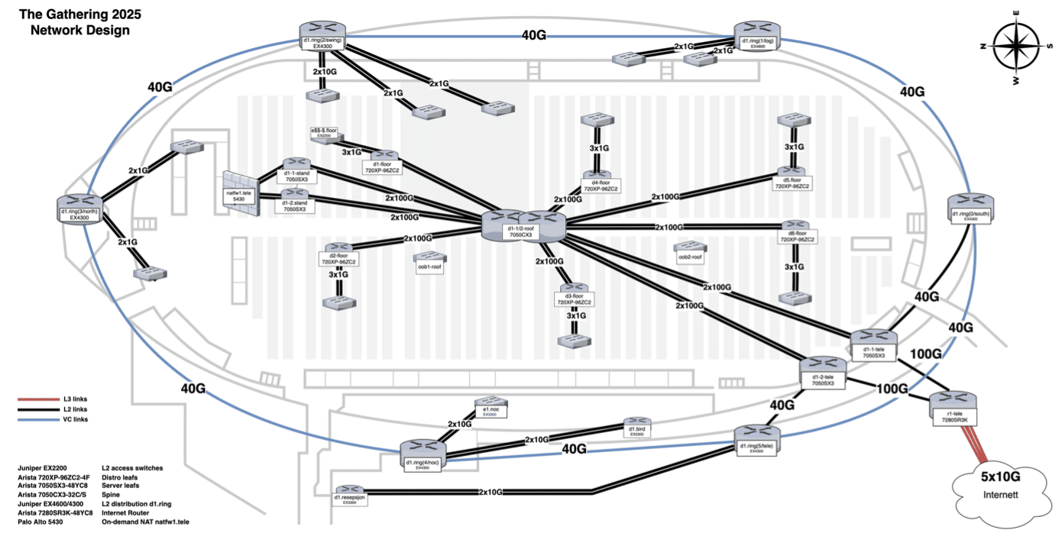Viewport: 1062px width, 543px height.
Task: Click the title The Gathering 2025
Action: [79, 15]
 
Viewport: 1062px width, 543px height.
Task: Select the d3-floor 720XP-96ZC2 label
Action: [574, 299]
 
